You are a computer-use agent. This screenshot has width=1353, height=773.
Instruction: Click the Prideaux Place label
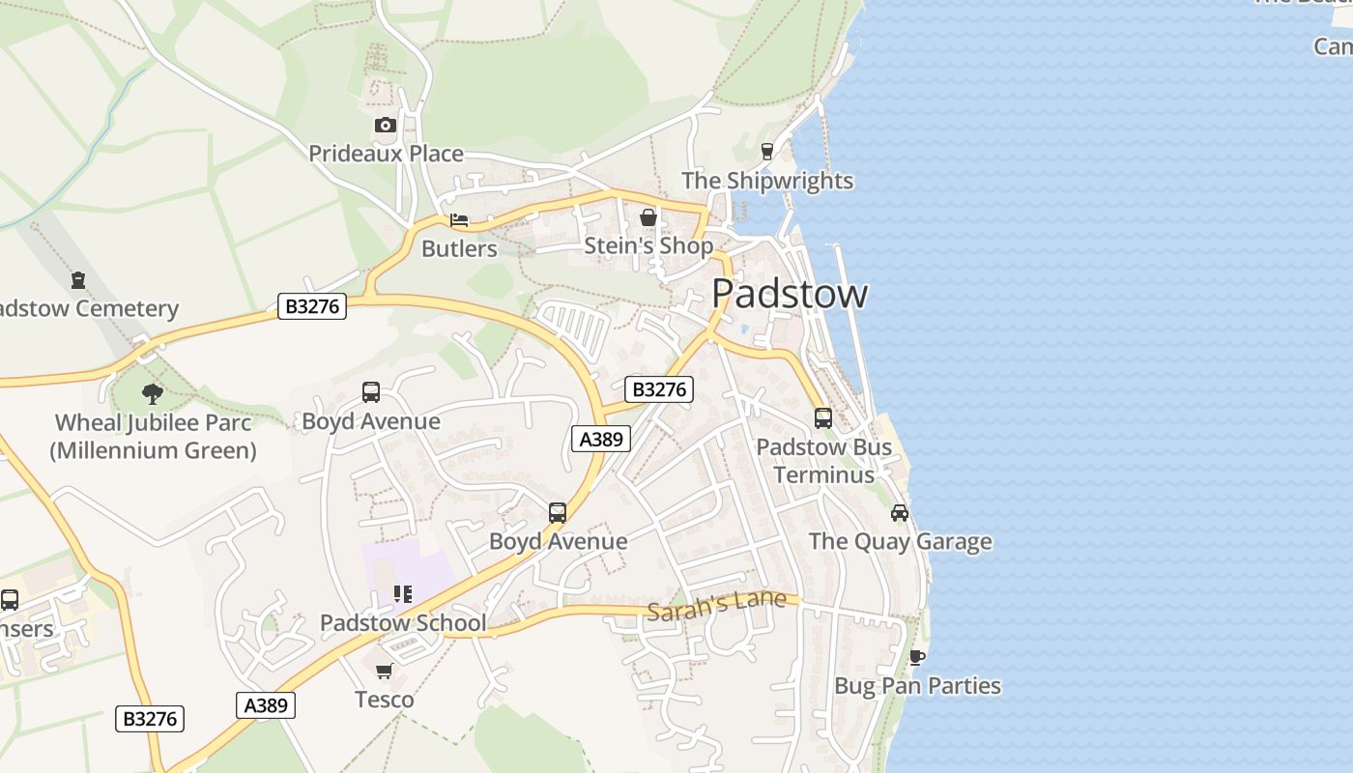(x=386, y=154)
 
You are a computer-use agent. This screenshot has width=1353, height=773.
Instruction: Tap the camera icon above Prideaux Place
(x=385, y=125)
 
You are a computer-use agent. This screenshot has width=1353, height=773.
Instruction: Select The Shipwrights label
(x=767, y=181)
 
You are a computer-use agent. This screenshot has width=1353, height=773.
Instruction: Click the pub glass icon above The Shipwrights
(x=767, y=151)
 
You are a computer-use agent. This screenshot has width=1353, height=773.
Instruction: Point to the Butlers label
(x=459, y=248)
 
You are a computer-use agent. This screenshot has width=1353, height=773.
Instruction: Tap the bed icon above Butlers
(x=459, y=220)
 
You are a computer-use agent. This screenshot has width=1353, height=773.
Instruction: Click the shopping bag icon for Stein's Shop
(x=648, y=217)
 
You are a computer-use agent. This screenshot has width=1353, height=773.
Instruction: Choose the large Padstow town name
(x=790, y=294)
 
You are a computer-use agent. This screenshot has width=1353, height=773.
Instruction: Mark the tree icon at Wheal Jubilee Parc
(x=152, y=393)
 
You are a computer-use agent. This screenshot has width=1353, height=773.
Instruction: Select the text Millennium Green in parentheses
(x=153, y=450)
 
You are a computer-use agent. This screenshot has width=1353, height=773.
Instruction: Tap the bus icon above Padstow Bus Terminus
(x=823, y=417)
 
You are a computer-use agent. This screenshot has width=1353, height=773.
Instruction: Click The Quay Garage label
(x=900, y=541)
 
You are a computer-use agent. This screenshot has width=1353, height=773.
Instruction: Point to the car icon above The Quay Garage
(x=900, y=512)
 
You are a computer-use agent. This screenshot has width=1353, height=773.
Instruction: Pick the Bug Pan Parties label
(x=917, y=686)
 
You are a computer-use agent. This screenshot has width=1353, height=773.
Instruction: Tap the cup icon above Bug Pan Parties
(x=917, y=657)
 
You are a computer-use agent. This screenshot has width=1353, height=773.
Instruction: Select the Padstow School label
(x=403, y=623)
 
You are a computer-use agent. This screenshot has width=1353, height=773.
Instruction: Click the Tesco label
(x=385, y=700)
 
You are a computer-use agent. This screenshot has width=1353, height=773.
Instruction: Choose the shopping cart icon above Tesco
(x=385, y=671)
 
